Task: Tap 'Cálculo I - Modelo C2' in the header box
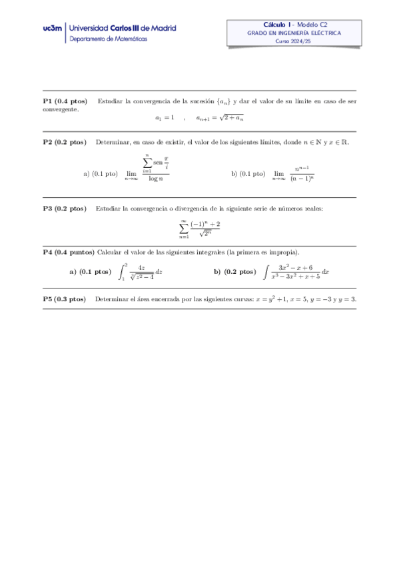point(294,24)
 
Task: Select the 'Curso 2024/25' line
point(294,41)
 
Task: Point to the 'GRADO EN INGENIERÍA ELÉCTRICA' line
point(294,32)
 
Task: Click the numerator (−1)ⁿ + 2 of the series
point(205,224)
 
